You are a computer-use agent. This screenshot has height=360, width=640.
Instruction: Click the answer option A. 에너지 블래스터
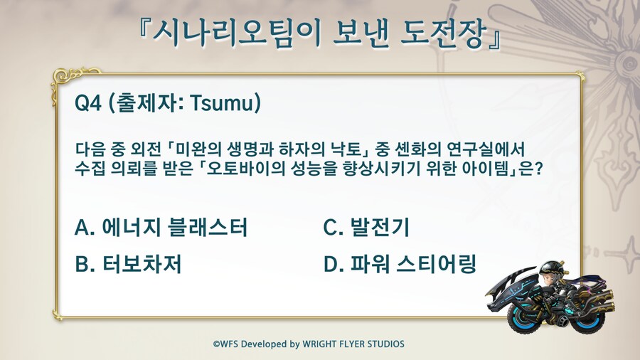161,227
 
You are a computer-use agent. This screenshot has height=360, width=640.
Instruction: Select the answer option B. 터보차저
128,264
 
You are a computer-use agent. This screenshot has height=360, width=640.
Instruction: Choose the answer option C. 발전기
366,227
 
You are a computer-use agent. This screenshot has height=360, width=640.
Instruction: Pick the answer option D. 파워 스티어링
400,264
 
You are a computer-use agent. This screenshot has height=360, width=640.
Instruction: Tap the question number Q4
87,102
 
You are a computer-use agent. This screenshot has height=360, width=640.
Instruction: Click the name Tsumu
222,103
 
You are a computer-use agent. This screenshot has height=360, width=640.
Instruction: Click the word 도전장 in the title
443,32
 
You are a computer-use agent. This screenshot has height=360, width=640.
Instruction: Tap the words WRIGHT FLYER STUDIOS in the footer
353,344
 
